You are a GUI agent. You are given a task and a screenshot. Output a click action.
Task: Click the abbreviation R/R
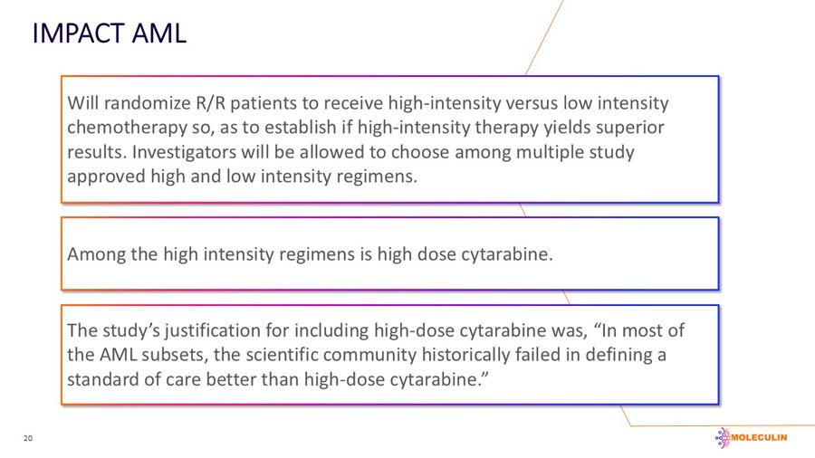[x=211, y=103]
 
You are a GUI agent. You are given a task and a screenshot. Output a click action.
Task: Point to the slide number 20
[x=27, y=439]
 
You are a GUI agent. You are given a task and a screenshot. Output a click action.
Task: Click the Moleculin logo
[x=751, y=438]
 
